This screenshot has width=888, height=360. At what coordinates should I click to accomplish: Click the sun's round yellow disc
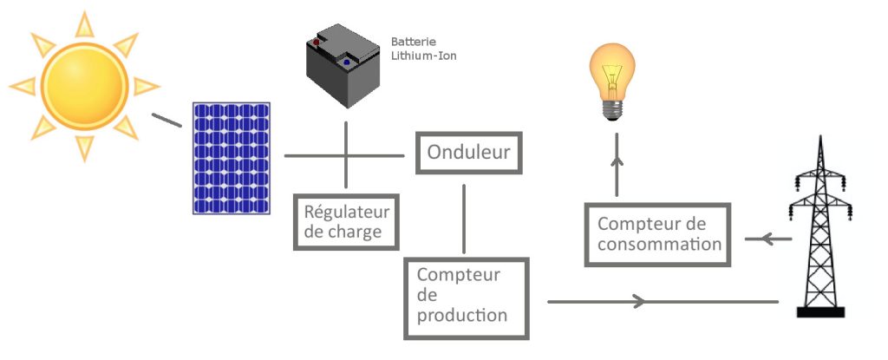click(85, 86)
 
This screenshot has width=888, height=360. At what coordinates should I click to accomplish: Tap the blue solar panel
click(231, 158)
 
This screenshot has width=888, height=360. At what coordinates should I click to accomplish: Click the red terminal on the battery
click(319, 40)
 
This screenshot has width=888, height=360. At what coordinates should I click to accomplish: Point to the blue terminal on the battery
click(347, 62)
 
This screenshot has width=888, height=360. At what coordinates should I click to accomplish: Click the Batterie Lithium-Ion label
click(423, 49)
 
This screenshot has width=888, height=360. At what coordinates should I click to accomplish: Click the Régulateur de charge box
click(346, 222)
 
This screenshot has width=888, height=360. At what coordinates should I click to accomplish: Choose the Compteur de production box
click(466, 297)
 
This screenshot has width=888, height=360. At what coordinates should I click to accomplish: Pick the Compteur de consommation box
click(659, 234)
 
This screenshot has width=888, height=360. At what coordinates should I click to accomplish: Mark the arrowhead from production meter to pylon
click(638, 301)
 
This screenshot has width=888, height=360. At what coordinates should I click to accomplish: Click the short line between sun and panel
click(166, 120)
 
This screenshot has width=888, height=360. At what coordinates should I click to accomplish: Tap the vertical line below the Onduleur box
click(467, 217)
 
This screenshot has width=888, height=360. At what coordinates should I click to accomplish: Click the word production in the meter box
click(462, 316)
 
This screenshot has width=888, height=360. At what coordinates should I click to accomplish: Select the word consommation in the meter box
click(659, 245)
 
